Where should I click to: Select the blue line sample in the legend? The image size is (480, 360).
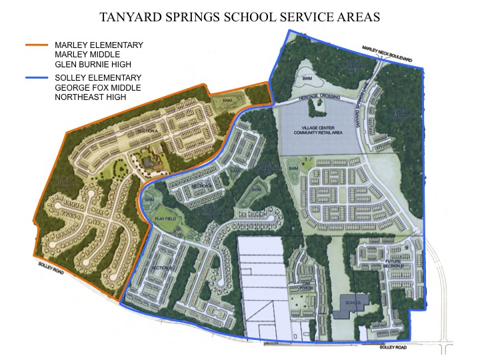pos(37,78)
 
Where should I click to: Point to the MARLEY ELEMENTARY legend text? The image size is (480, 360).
pos(99,45)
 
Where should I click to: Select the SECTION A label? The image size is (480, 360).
pos(147,132)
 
